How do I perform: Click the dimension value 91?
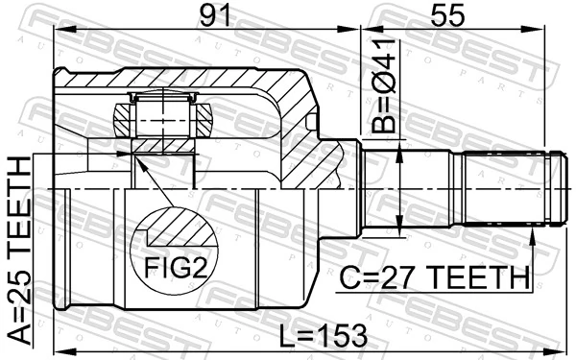tap(215, 15)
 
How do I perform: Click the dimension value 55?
tap(447, 15)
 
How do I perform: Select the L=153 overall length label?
tap(323, 335)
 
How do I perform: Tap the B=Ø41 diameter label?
tap(383, 85)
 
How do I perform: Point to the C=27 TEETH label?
tap(434, 277)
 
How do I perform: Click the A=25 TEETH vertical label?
tap(19, 251)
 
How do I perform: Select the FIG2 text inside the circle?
tap(176, 267)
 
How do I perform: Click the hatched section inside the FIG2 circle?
tap(181, 228)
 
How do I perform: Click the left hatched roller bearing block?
tap(122, 120)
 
